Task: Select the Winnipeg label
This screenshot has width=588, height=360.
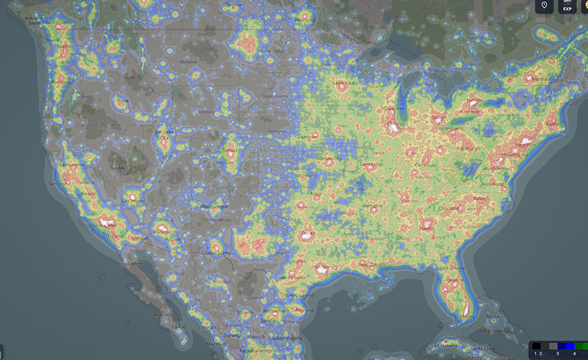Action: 304,20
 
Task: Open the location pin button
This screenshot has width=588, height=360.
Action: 544,7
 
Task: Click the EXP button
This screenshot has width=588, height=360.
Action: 568,7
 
